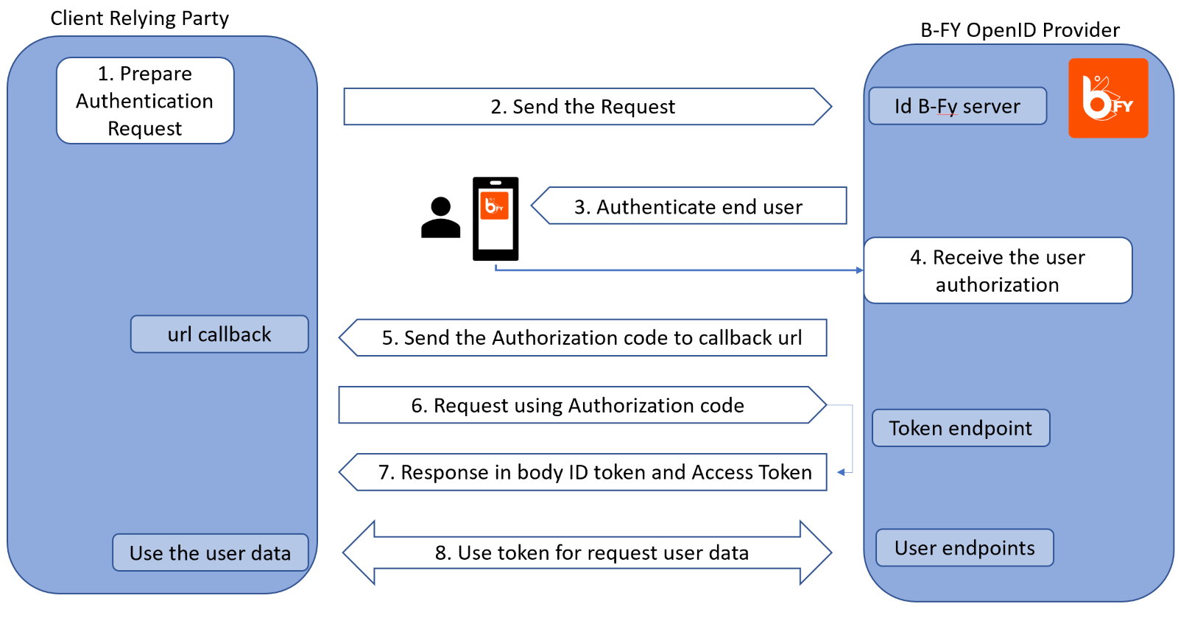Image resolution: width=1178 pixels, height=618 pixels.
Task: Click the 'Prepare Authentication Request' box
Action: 145,100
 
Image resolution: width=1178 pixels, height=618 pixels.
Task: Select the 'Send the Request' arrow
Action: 588,106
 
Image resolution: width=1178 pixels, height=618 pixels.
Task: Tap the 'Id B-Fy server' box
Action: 958,106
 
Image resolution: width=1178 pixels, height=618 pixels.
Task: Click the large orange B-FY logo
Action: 1108,98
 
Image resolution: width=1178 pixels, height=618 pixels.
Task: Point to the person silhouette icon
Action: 441,217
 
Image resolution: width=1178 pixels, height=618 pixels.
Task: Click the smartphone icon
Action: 495,219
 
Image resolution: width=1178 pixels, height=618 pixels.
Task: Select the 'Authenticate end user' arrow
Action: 689,206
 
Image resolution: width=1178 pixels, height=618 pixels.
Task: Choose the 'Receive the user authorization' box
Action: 998,270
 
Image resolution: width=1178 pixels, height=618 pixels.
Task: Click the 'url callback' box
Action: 219,334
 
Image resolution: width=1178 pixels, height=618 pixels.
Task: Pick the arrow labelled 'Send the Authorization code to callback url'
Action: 582,337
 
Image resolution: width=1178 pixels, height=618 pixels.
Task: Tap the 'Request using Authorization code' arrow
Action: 582,405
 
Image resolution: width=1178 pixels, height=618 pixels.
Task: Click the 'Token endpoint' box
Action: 961,428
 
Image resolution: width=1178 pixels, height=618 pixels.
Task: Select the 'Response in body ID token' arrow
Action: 582,472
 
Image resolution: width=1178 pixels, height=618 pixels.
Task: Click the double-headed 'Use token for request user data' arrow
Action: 587,552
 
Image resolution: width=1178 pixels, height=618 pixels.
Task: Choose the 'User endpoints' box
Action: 964,547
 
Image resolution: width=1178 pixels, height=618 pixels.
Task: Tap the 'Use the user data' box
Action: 211,552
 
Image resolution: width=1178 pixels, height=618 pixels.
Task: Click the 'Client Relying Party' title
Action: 139,18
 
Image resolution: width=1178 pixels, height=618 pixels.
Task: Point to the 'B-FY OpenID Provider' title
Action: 1020,30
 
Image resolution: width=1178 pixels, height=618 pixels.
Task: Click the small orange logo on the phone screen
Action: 494,205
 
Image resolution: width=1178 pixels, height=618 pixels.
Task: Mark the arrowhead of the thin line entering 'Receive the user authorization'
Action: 861,270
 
